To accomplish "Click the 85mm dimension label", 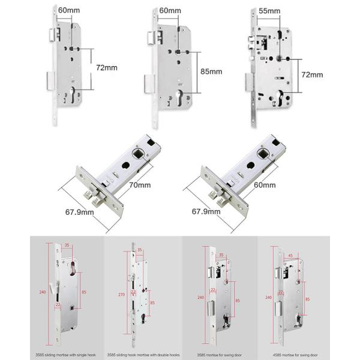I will pyautogui.click(x=211, y=71).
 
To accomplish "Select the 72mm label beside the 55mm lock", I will pyautogui.click(x=311, y=75).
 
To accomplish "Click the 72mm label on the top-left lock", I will pyautogui.click(x=107, y=68).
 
